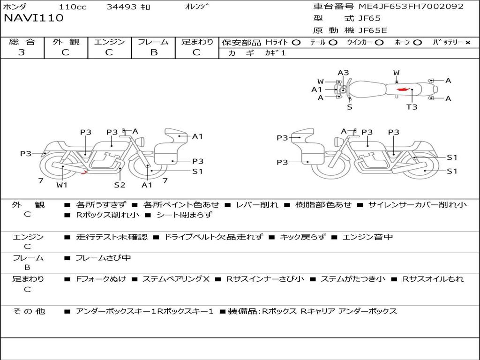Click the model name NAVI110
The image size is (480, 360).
pos(33,18)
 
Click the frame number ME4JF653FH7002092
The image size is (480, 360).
pos(411,6)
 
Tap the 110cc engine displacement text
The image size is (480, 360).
pos(73,7)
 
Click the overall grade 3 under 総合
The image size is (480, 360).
pos(22,52)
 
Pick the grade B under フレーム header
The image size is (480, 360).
pos(154,52)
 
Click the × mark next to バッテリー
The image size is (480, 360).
pos(468,43)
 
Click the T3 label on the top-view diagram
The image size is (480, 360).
pos(412,107)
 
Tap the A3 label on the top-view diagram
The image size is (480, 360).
pos(343,73)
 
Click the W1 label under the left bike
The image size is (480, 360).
pos(62,185)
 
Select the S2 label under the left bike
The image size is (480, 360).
pos(120,185)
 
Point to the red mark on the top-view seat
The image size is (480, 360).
pos(403,90)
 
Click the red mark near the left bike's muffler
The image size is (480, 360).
pos(84,172)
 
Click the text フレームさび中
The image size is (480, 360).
pos(103,258)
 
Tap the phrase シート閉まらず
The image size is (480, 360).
pos(184,215)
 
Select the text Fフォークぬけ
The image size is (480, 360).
pos(101,279)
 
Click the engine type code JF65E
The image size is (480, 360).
pos(373,30)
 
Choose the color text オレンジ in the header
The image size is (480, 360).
pos(197,7)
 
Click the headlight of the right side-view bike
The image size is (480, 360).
pos(338,142)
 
